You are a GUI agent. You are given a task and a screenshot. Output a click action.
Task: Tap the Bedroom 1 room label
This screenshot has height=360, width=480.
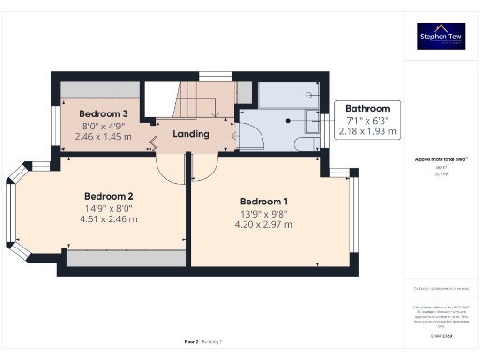pos(264,202)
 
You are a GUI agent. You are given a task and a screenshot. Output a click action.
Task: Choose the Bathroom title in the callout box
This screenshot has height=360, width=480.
pos(367,109)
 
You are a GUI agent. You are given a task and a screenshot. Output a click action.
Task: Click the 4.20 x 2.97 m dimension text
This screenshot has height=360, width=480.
pos(264,226)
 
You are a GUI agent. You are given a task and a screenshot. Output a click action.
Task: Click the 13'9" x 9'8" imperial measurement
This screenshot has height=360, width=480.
pos(264,214)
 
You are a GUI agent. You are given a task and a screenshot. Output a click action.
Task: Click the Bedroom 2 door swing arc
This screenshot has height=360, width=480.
pos(169,169)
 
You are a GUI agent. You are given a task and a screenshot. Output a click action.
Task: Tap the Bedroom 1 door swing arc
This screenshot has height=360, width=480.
pos(206,169)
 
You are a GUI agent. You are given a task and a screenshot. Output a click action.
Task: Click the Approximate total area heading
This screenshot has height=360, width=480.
pos(441,159)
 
